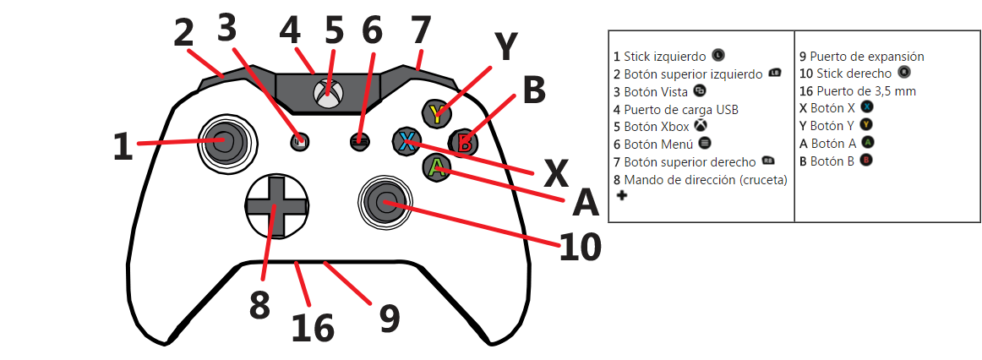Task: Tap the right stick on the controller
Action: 385,200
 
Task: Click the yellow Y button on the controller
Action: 436,114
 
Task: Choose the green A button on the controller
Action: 436,167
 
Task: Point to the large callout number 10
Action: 581,246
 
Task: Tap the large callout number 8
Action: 259,305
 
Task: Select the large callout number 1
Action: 123,146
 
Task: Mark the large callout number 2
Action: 183,34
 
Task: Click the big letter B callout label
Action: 534,90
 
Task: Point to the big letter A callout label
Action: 585,204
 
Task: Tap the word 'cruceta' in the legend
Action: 760,179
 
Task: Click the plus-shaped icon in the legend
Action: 622,196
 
